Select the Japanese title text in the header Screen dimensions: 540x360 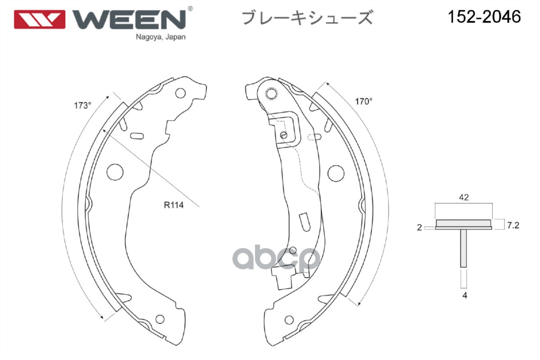pyautogui.click(x=308, y=18)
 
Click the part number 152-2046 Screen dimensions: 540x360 pyautogui.click(x=484, y=17)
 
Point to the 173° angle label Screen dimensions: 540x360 pyautogui.click(x=83, y=106)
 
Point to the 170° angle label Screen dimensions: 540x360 pyautogui.click(x=364, y=102)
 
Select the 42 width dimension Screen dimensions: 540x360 pyautogui.click(x=464, y=197)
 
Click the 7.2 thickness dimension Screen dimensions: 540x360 pyautogui.click(x=513, y=225)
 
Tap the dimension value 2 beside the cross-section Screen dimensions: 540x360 pyautogui.click(x=419, y=228)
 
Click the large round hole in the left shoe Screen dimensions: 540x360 pyautogui.click(x=116, y=171)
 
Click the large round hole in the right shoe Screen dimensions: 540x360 pyautogui.click(x=336, y=172)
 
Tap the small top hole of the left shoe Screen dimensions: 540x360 pyautogui.click(x=180, y=94)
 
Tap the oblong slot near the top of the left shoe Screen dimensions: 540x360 pyautogui.click(x=136, y=135)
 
